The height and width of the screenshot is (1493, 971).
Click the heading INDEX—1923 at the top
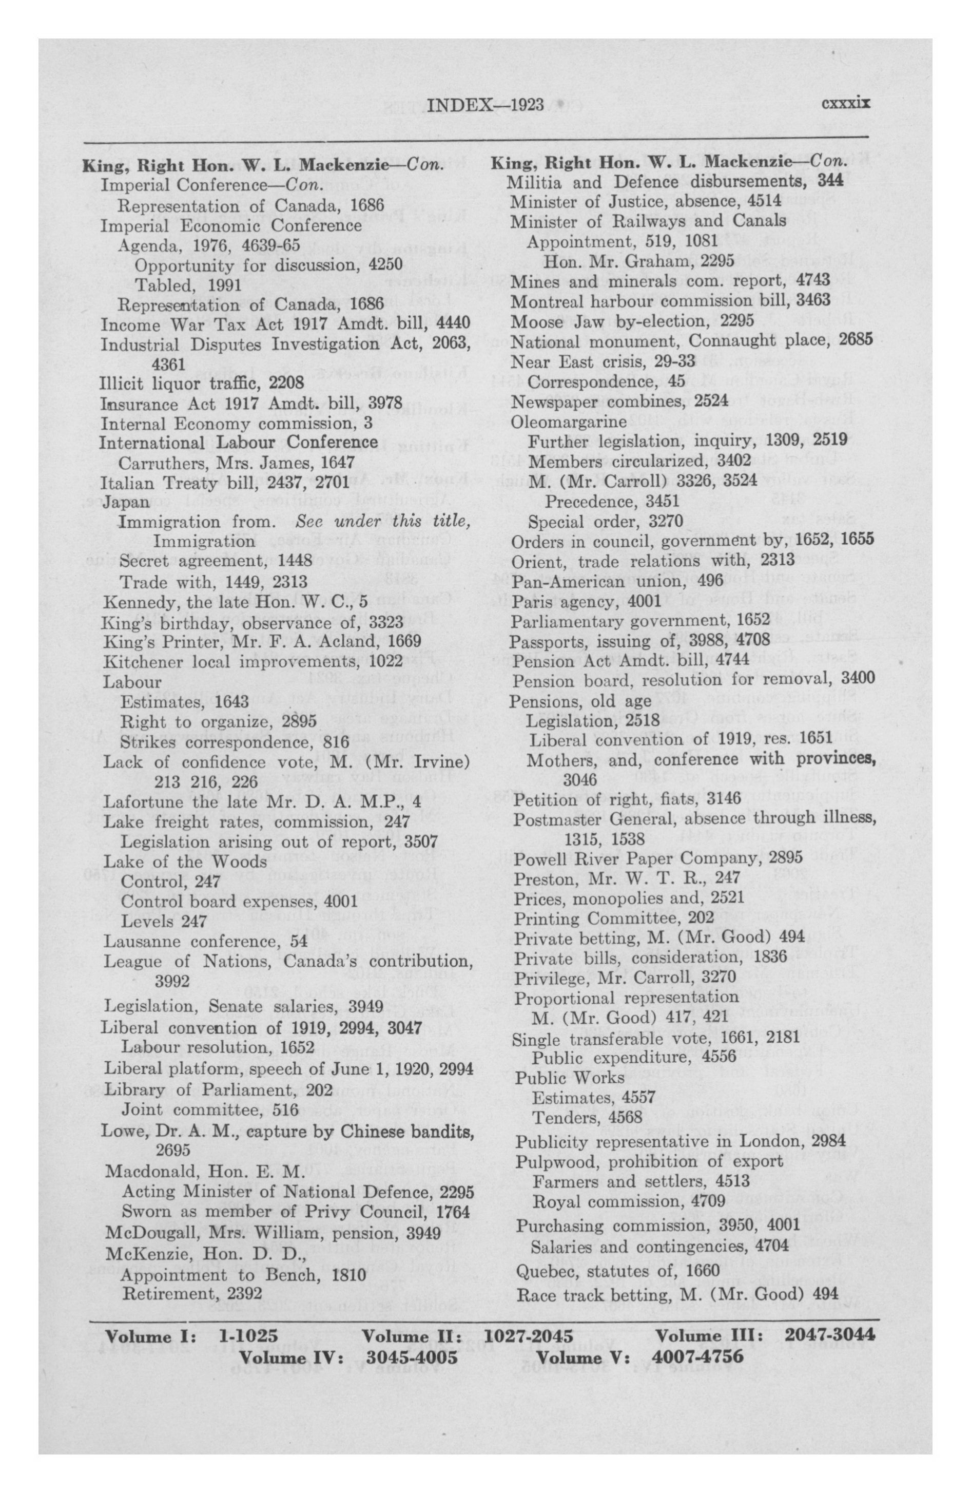484,104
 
